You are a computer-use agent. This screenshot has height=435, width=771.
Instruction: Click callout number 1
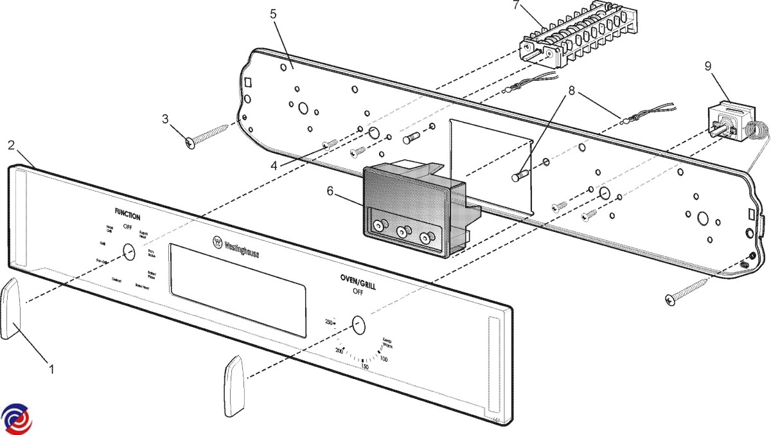(x=51, y=369)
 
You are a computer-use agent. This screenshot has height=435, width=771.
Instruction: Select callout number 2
(x=11, y=145)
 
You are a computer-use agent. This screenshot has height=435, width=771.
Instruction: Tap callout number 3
(x=165, y=119)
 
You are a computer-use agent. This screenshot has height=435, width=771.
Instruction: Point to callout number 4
(x=274, y=164)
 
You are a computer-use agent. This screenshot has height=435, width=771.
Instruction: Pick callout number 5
(x=274, y=13)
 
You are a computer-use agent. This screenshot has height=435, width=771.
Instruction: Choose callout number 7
(x=516, y=6)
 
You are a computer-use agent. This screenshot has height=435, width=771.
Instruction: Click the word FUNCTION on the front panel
(x=127, y=217)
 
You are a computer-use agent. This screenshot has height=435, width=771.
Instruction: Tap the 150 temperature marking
(x=364, y=367)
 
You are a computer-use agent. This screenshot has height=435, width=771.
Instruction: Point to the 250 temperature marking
(x=328, y=321)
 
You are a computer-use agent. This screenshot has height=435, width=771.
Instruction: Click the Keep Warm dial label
(x=387, y=344)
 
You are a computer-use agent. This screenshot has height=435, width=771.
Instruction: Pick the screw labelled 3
(x=209, y=132)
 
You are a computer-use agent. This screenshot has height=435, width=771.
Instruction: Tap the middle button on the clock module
(x=403, y=231)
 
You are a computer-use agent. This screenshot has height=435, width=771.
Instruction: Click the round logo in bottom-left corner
(x=15, y=419)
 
